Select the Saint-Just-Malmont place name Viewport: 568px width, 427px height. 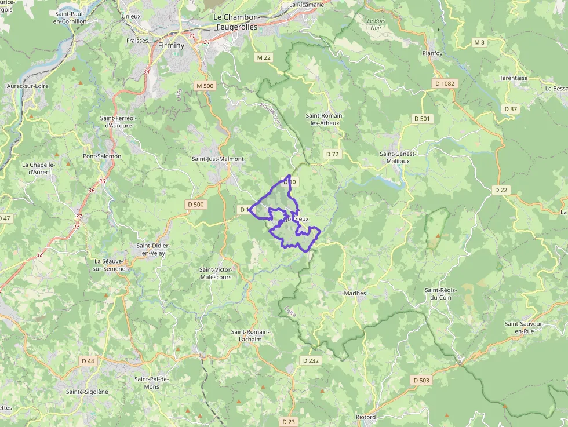(218, 159)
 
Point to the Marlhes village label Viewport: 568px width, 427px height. (355, 293)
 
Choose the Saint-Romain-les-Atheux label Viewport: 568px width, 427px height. (325, 119)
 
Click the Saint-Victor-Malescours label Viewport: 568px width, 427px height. (216, 273)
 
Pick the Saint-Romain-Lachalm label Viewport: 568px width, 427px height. (250, 335)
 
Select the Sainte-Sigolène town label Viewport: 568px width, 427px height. (87, 392)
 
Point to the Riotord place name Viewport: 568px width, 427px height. (366, 417)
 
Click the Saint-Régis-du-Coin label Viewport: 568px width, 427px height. (442, 294)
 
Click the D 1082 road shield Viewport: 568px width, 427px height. (446, 84)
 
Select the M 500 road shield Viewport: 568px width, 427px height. (205, 86)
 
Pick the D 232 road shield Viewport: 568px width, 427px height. (311, 360)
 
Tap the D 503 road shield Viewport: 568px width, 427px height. (422, 380)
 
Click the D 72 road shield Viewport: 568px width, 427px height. (332, 154)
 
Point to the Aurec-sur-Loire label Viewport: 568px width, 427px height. (27, 86)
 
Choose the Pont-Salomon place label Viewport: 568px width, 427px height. (102, 156)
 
